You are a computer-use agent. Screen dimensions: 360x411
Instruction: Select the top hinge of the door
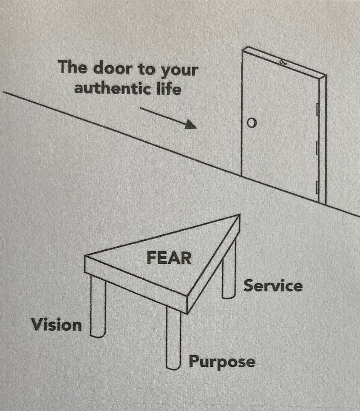click(317, 109)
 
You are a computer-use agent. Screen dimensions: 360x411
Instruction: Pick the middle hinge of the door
click(317, 148)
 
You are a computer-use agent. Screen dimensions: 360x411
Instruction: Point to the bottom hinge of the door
click(317, 188)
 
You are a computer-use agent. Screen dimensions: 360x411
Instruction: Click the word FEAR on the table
click(168, 259)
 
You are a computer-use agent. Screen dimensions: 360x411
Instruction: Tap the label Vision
click(56, 325)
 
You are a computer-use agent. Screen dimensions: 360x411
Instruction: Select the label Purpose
click(222, 362)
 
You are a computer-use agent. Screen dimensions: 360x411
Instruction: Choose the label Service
click(273, 286)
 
